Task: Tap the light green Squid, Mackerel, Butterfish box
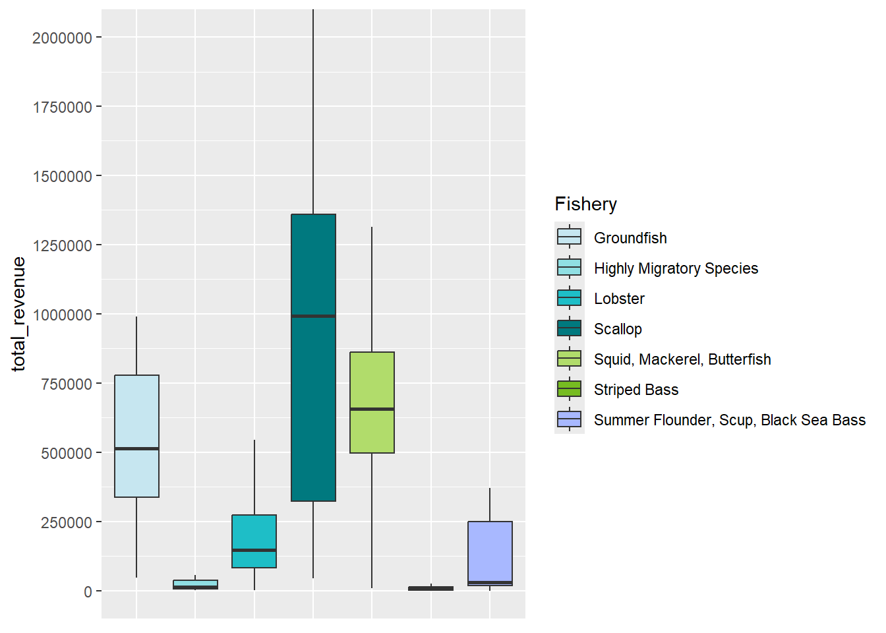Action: (x=372, y=382)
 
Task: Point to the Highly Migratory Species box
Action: (x=195, y=584)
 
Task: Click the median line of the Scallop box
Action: (x=313, y=316)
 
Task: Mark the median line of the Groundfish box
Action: (x=136, y=449)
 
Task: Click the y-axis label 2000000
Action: (x=62, y=38)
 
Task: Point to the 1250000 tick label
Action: (x=62, y=246)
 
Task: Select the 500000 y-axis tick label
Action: (x=66, y=454)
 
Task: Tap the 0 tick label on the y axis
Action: (x=88, y=592)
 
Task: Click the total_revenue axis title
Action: (x=18, y=314)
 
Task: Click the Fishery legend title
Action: (x=585, y=204)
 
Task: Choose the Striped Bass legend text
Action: (x=635, y=390)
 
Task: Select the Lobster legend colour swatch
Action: (x=569, y=298)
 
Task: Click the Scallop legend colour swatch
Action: (x=569, y=328)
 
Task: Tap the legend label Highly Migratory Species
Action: (x=676, y=268)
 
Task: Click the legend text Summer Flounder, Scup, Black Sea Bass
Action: (x=729, y=420)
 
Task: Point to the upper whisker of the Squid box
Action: (x=372, y=290)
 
